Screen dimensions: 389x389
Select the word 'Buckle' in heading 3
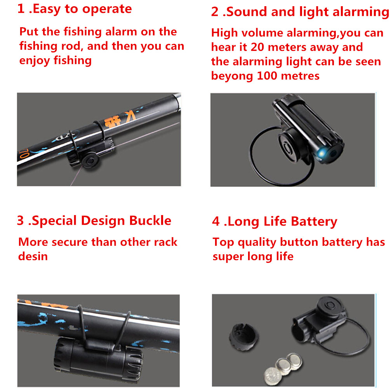[x=150, y=220]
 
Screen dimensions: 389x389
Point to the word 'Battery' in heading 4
[x=314, y=222]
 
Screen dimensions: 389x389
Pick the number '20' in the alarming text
[x=257, y=47]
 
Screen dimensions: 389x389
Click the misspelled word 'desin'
[x=33, y=256]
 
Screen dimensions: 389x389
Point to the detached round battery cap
[x=243, y=337]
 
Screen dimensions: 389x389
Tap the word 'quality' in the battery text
[x=257, y=243]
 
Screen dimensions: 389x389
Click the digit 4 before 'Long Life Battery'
[x=216, y=221]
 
